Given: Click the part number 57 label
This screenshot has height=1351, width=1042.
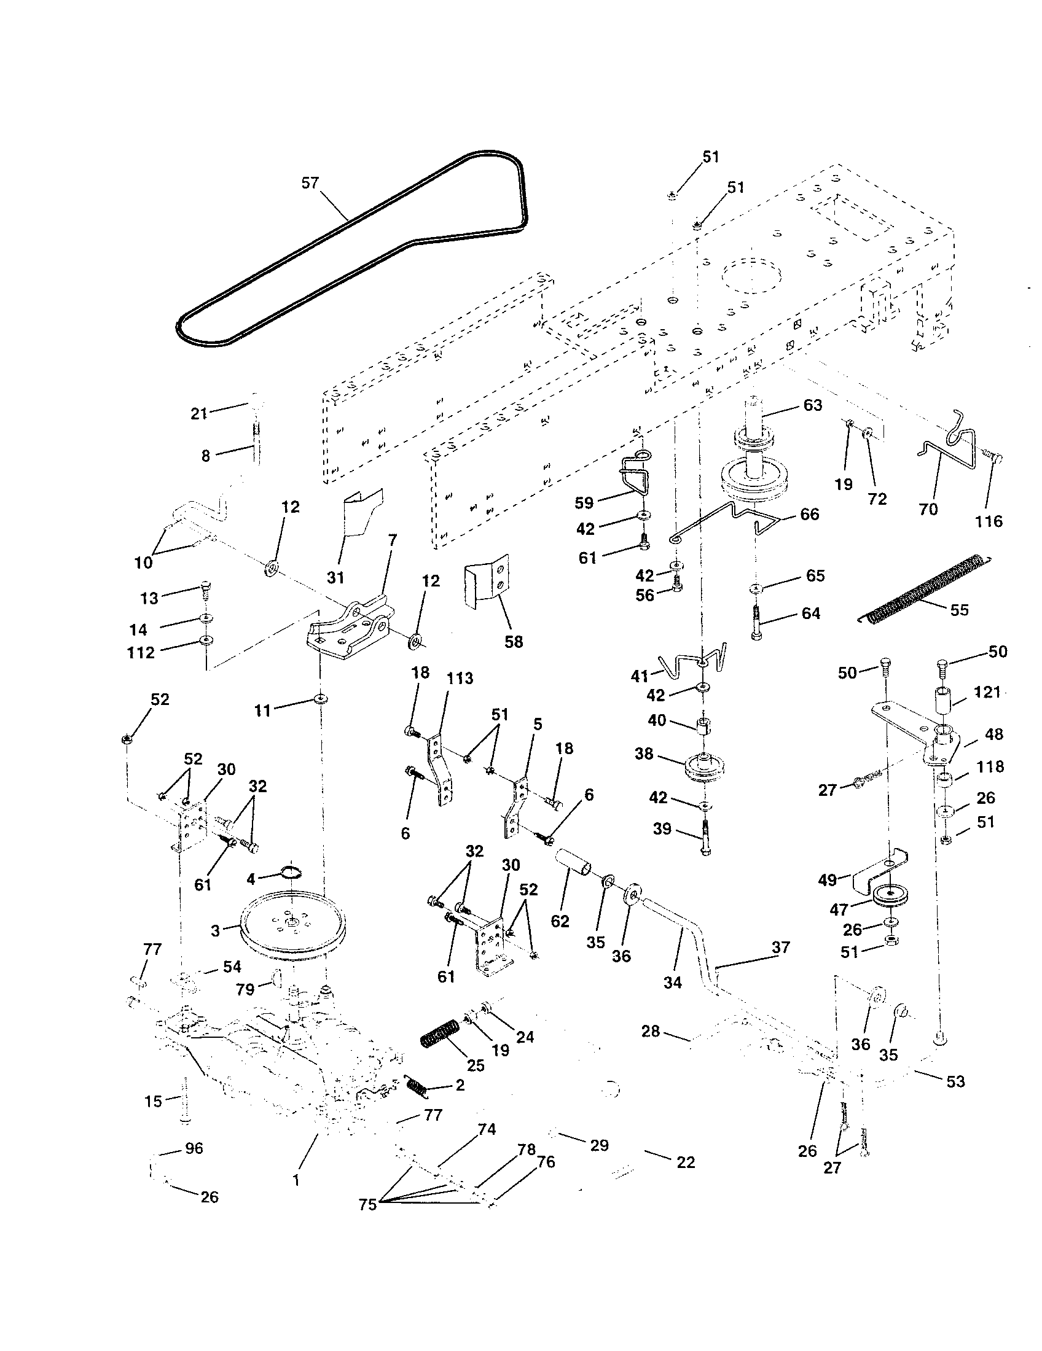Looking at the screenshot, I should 310,183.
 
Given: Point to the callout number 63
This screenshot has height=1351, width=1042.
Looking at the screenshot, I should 812,405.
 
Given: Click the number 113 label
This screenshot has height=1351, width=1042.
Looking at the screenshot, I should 460,678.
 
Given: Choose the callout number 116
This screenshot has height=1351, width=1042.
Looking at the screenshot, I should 988,521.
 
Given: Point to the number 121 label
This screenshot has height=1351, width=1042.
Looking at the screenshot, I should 987,691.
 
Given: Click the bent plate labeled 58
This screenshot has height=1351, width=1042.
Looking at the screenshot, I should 487,580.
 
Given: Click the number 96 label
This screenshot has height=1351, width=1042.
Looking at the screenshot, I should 194,1148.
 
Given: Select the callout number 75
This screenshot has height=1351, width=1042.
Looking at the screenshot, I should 367,1204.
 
